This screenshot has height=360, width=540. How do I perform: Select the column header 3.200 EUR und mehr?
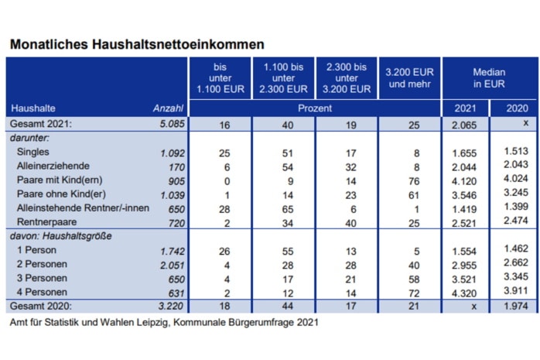pyautogui.click(x=408, y=77)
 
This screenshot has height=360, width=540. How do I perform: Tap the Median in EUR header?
pyautogui.click(x=488, y=77)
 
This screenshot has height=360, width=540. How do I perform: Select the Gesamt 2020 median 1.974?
pyautogui.click(x=514, y=306)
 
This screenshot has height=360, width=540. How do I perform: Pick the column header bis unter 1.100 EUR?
pyautogui.click(x=219, y=77)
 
